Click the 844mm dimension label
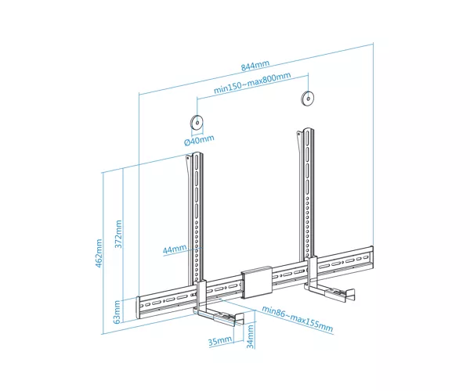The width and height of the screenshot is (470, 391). (255, 66)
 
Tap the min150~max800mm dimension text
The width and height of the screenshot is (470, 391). (252, 83)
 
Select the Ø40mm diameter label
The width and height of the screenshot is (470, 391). (199, 140)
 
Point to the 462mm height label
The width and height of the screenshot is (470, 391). (99, 253)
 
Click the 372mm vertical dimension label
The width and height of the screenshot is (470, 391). (119, 234)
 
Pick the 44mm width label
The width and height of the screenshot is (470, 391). (175, 249)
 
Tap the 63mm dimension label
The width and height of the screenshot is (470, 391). (117, 312)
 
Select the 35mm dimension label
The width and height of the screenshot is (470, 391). (220, 341)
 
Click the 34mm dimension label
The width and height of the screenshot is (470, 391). (250, 337)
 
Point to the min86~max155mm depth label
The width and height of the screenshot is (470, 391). (298, 319)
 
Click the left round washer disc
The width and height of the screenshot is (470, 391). (197, 122)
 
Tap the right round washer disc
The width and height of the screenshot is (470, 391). (308, 98)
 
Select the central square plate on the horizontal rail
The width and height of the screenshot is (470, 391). (257, 282)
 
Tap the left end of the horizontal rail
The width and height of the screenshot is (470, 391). (139, 308)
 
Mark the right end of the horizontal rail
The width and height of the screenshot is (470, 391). (371, 257)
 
